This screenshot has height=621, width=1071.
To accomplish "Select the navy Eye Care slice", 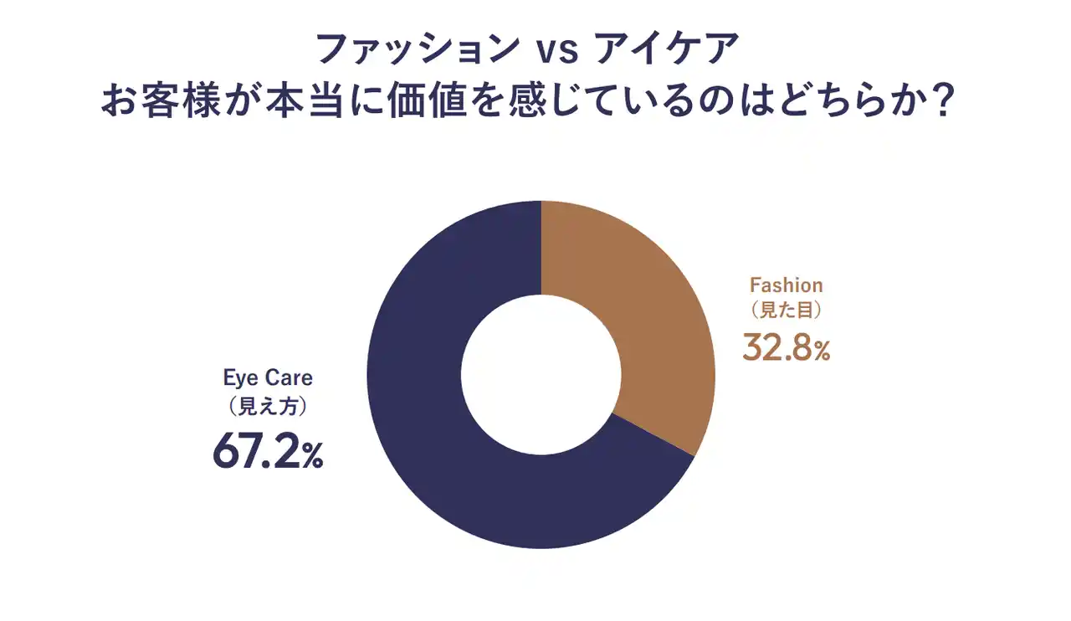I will point(435,418).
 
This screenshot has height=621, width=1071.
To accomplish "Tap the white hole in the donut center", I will point(541,375).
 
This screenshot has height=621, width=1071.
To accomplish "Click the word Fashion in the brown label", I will point(787,285).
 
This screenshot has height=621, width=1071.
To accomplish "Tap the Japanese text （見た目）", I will point(787,310).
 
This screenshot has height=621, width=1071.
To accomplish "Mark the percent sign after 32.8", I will point(819,353).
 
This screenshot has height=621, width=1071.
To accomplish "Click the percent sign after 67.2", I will point(312,458).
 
